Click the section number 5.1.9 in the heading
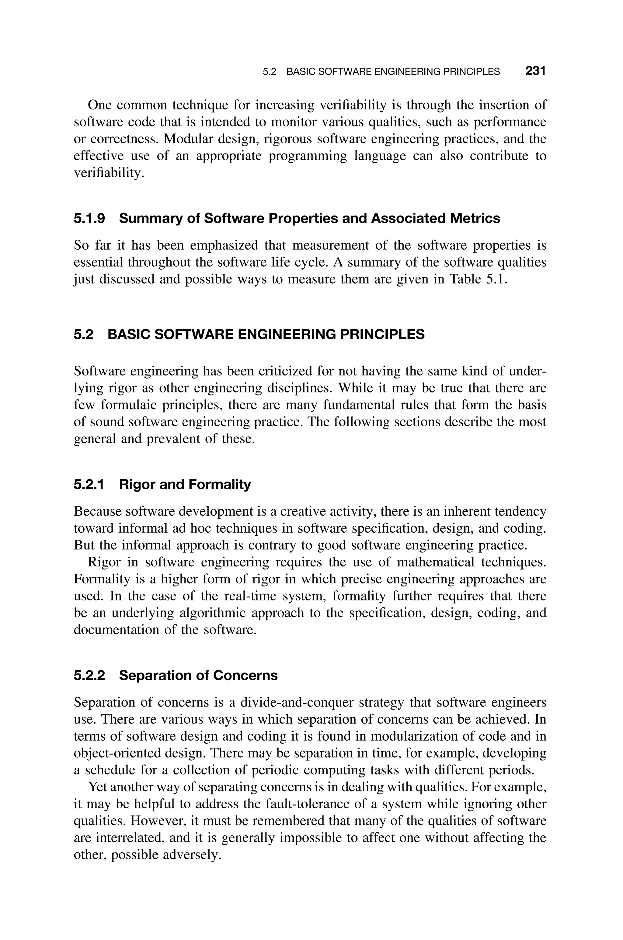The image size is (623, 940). point(89,218)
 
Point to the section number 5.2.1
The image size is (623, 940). point(89,485)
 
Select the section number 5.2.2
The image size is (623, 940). point(89,675)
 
